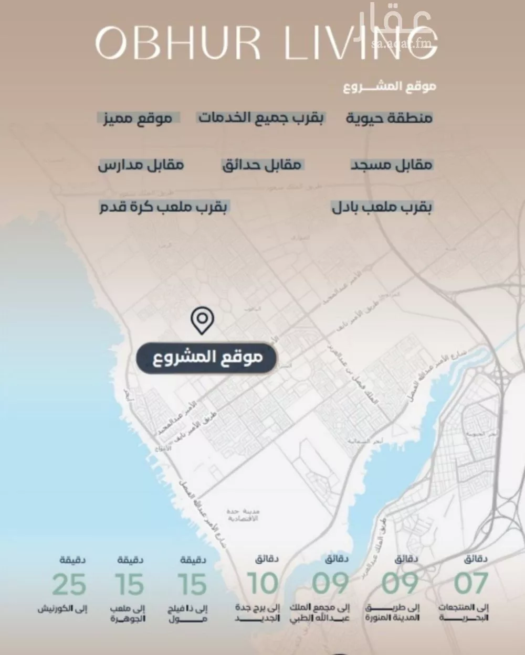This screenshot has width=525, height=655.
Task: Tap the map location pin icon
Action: (x=202, y=321)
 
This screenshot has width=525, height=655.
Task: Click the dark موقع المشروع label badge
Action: (x=206, y=358)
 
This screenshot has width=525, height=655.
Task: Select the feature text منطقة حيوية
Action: (x=389, y=118)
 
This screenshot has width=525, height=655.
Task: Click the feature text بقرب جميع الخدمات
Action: (x=261, y=117)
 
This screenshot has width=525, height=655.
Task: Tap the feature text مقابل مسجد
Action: (x=392, y=165)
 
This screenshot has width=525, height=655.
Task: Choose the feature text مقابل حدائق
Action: (x=261, y=165)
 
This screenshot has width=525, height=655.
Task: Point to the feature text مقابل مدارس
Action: (x=141, y=165)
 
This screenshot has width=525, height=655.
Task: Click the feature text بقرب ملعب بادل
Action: (x=382, y=207)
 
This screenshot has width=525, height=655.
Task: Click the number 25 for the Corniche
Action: (x=69, y=584)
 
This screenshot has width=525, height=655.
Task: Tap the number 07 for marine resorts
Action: (x=471, y=583)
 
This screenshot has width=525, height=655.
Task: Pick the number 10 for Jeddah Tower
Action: (x=262, y=583)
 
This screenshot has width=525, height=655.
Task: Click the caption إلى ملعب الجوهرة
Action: (x=128, y=614)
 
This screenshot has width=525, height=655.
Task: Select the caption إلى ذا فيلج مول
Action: (x=188, y=614)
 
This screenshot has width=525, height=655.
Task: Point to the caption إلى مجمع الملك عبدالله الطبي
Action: (x=320, y=613)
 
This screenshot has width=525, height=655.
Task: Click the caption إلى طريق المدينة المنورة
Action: (x=392, y=613)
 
